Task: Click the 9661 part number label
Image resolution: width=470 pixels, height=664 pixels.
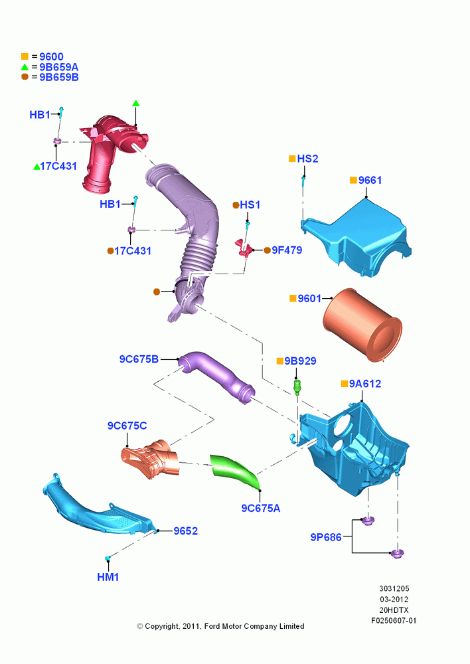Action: coord(370,181)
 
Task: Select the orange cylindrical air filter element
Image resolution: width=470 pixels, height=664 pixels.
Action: coord(362,325)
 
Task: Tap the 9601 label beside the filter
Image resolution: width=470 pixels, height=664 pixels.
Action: coord(309,299)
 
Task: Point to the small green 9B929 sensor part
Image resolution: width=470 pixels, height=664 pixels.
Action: coord(297,386)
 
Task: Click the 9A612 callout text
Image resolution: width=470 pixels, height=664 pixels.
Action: coord(365,384)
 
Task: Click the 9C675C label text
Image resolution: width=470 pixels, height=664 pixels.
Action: coord(127,426)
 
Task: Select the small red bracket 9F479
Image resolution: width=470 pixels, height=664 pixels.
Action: coord(244,248)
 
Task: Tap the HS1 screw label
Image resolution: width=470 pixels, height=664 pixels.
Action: coord(250,205)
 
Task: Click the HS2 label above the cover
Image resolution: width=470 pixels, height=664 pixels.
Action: coord(307,159)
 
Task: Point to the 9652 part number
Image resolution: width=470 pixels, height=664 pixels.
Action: coord(185,531)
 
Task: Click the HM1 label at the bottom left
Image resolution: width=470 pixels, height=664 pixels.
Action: coord(108,577)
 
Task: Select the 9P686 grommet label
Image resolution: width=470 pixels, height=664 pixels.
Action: coord(325,537)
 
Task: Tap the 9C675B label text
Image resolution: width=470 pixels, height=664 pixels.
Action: coord(139,359)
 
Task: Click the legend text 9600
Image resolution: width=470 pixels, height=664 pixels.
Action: coord(51,56)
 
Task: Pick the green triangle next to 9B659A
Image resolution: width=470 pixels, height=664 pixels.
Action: coord(25,67)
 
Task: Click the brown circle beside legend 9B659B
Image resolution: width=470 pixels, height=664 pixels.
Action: coord(25,76)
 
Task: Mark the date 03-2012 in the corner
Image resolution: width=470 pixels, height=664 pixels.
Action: coord(394,599)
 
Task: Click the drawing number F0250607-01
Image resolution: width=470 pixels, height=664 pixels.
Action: coord(394,621)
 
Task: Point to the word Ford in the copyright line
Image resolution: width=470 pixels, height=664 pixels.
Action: coord(212,626)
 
